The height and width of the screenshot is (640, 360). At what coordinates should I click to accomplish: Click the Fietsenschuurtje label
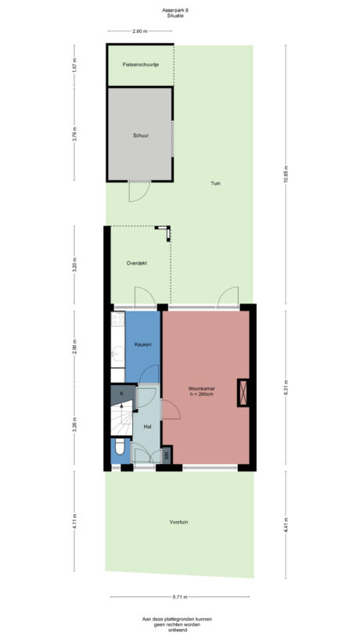(141, 64)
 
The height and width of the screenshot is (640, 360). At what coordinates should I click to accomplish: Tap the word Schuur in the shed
(140, 135)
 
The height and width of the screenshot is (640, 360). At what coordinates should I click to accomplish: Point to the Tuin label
(214, 184)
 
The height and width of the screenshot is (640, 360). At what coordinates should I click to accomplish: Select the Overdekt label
(137, 264)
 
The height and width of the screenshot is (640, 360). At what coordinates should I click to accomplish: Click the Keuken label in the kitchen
(142, 344)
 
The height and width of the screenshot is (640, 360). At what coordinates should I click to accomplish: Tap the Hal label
(146, 427)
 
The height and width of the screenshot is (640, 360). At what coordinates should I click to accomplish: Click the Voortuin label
(180, 522)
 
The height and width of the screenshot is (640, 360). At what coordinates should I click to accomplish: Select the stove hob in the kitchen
(118, 319)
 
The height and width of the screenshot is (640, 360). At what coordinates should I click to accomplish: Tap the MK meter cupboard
(167, 455)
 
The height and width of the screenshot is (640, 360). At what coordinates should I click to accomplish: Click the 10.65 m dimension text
(286, 173)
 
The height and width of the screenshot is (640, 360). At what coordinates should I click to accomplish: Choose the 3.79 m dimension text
(75, 135)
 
